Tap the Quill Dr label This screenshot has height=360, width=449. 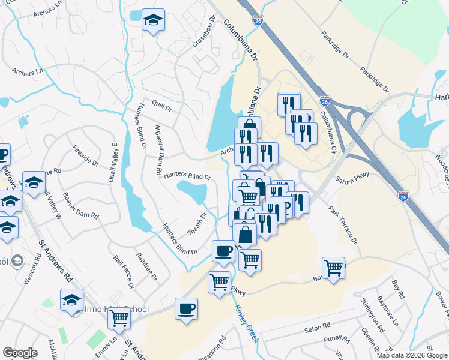click(162, 106)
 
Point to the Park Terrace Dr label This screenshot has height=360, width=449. click(343, 225)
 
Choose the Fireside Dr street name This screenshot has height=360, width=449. click(86, 155)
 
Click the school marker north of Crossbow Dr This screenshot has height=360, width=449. click(153, 20)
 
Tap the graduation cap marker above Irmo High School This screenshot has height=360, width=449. click(71, 299)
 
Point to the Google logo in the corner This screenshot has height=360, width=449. click(20, 353)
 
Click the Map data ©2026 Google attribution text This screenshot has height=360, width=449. click(411, 355)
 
